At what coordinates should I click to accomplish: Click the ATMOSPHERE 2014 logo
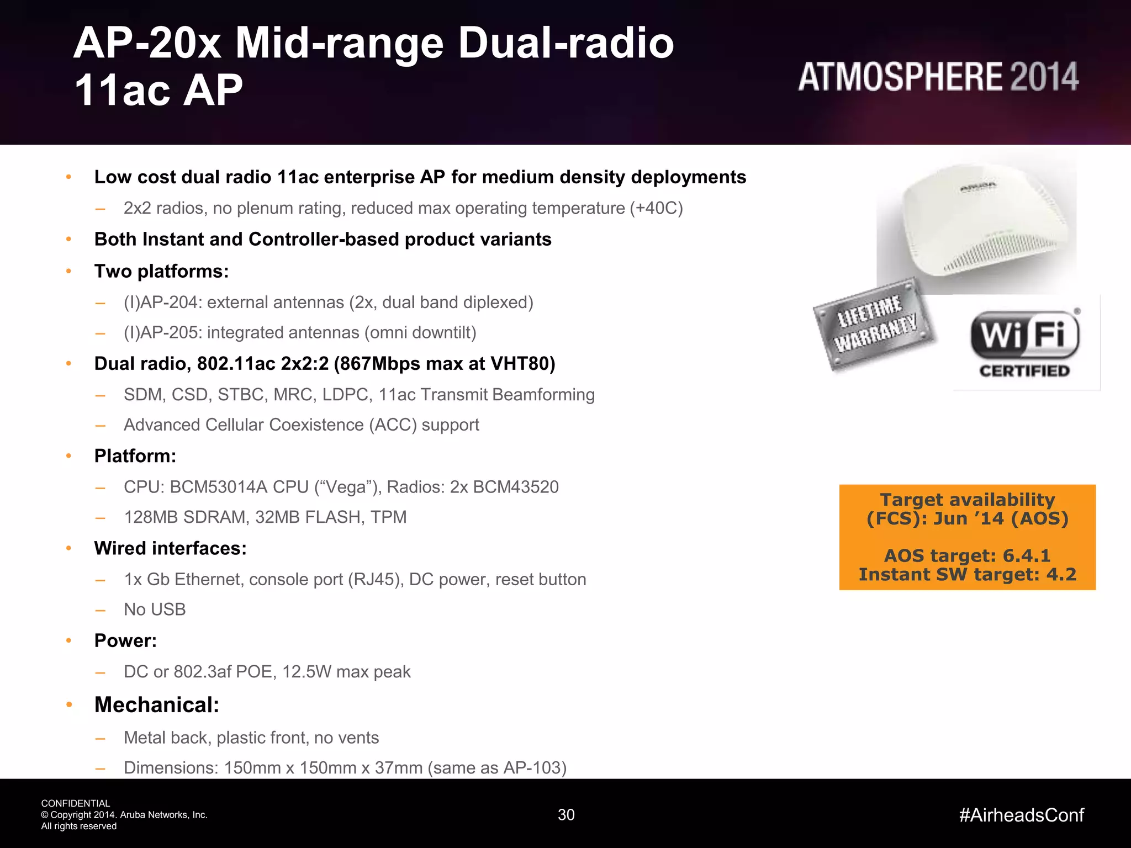tap(938, 77)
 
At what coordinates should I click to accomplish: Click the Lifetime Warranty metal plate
tap(875, 325)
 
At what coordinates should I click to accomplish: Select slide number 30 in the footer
tap(566, 815)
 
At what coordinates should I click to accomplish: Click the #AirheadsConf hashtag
tap(1021, 815)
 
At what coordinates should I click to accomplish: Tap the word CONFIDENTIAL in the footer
tap(76, 803)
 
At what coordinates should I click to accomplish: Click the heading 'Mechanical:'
tap(157, 705)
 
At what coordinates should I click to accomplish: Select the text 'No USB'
tap(155, 609)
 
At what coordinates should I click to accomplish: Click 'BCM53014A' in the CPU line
tap(219, 487)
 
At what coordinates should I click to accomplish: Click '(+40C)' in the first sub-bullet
tap(656, 208)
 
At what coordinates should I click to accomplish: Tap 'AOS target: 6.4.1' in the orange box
tap(967, 555)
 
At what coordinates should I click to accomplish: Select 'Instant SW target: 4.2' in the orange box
tap(967, 575)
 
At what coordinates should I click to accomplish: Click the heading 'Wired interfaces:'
tap(170, 548)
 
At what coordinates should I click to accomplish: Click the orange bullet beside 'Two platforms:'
tap(69, 271)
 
